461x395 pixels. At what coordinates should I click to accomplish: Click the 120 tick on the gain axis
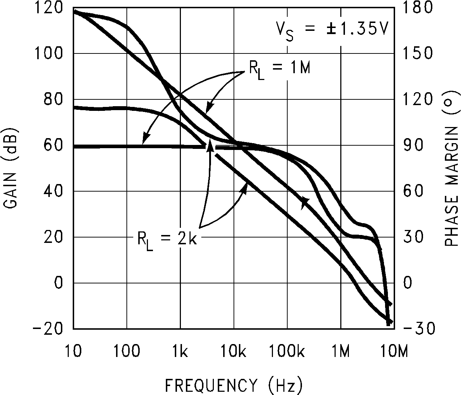[48, 8]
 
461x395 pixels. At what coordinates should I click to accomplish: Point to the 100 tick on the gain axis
[48, 53]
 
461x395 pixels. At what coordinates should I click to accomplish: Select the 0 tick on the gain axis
[58, 283]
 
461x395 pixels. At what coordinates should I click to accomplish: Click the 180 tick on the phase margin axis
[417, 8]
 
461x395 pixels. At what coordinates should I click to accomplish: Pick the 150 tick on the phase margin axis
[417, 53]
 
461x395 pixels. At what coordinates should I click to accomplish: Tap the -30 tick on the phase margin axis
[419, 329]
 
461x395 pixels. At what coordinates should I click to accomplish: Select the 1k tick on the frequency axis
[180, 352]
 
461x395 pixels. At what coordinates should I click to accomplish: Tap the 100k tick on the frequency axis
[287, 352]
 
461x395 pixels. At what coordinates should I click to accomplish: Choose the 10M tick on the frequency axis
[394, 352]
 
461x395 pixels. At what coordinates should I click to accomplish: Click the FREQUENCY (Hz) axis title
[234, 386]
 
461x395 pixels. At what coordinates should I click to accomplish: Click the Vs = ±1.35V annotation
[332, 29]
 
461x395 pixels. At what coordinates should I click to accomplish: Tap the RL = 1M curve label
[279, 69]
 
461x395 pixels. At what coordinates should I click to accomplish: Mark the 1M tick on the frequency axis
[341, 352]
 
